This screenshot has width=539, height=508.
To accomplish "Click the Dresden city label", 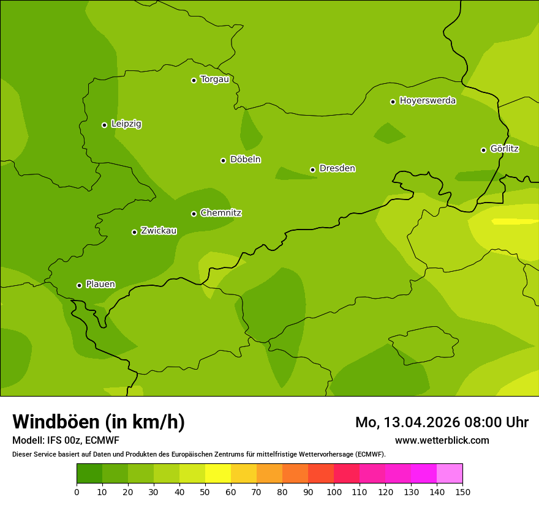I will (337, 168).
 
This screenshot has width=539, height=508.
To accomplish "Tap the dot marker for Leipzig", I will (104, 125).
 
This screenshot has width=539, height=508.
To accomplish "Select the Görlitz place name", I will (504, 149).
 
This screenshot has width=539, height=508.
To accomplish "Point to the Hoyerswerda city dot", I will (393, 102).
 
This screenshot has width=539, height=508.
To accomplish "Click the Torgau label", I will (214, 80).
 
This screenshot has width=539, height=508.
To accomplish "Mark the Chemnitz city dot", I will (194, 214).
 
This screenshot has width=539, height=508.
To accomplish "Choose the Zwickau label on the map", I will (159, 231).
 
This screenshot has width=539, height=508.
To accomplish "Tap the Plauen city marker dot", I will (79, 285).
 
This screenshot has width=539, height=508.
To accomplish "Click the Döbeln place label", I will (245, 160).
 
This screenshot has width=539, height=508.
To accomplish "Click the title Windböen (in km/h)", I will (98, 422).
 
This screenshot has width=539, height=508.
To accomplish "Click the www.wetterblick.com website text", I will (442, 440).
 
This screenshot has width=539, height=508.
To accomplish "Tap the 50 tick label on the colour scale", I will (205, 491).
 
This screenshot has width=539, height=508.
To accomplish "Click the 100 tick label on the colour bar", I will (334, 491).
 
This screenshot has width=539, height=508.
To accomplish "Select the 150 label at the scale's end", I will (462, 491).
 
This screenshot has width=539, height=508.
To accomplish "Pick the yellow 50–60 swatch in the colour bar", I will (218, 474).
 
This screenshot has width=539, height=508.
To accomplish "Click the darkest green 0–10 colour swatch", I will (89, 474).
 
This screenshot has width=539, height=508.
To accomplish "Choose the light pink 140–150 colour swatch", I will (450, 474).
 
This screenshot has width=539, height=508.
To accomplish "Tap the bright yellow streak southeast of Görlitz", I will (514, 222).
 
